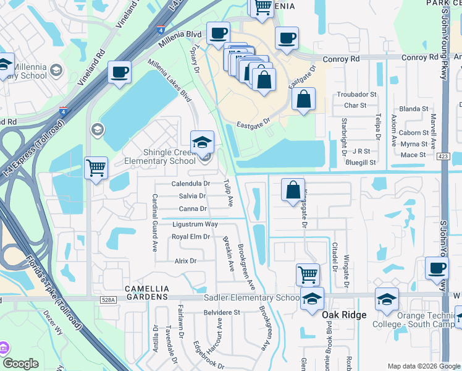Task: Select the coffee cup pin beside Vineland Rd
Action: (x=119, y=72)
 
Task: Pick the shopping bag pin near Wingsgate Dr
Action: (x=293, y=190)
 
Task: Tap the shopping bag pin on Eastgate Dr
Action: (x=303, y=100)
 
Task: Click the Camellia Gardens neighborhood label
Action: (x=146, y=289)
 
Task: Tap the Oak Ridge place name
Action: (x=344, y=315)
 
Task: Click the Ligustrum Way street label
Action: (x=195, y=224)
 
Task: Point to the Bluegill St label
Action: (x=361, y=162)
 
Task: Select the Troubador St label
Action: (x=356, y=95)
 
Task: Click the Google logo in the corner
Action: (x=21, y=364)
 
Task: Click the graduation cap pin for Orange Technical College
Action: (x=387, y=300)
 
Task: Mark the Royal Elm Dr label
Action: (x=191, y=237)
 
